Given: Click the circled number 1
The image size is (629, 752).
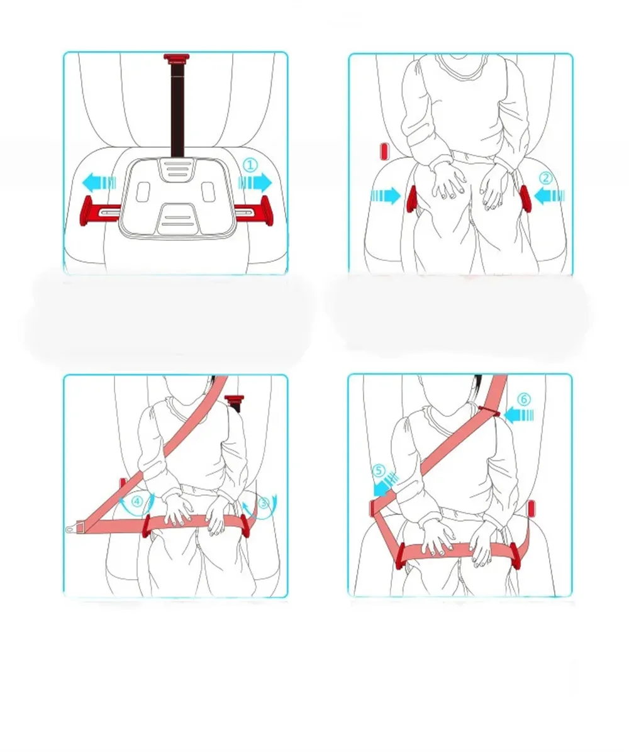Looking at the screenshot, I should pyautogui.click(x=250, y=165).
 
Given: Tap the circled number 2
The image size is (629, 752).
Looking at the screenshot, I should pyautogui.click(x=545, y=178).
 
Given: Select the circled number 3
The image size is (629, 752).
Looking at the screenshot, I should pyautogui.click(x=264, y=502).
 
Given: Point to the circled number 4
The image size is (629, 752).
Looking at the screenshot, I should pyautogui.click(x=137, y=502).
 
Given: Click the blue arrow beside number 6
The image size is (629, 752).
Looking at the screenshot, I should pyautogui.click(x=519, y=414).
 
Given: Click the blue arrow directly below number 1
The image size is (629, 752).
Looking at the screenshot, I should pyautogui.click(x=255, y=182).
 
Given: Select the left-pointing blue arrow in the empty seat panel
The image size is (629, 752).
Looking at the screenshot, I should pyautogui.click(x=99, y=184).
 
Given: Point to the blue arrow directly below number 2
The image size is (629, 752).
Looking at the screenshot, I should pyautogui.click(x=548, y=196).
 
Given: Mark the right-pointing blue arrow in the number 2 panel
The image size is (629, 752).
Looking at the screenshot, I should pyautogui.click(x=386, y=196).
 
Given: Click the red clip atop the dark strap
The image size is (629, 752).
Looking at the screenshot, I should pyautogui.click(x=178, y=58).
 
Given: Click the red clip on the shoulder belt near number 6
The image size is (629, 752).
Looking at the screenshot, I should pyautogui.click(x=487, y=411).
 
